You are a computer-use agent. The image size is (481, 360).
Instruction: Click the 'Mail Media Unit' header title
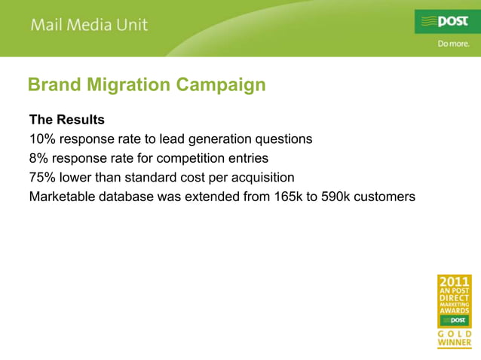pyautogui.click(x=89, y=25)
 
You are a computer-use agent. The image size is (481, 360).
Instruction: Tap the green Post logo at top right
pyautogui.click(x=447, y=21)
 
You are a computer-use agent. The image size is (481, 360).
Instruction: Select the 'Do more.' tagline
pyautogui.click(x=454, y=44)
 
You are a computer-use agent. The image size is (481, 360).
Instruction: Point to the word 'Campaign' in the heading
pyautogui.click(x=221, y=85)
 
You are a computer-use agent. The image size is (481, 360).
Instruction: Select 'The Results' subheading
pyautogui.click(x=66, y=120)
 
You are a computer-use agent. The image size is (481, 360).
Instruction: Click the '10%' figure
pyautogui.click(x=43, y=139)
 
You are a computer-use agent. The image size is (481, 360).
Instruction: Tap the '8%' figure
pyautogui.click(x=39, y=159)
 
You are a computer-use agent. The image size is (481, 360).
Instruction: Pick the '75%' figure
pyautogui.click(x=43, y=178)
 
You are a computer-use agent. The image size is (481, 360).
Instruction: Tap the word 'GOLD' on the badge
pyautogui.click(x=455, y=334)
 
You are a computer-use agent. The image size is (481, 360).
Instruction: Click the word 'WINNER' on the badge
pyautogui.click(x=455, y=343)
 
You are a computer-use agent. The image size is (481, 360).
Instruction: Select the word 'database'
pyautogui.click(x=128, y=197)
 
